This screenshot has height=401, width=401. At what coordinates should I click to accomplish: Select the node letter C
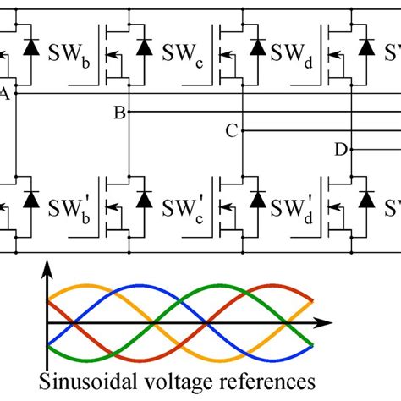coord(230,130)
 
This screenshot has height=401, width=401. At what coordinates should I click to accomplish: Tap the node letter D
coord(340,150)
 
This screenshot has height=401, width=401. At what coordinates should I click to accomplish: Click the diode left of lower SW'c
coord(144,199)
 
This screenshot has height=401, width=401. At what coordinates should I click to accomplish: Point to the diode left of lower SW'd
coord(256,199)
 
